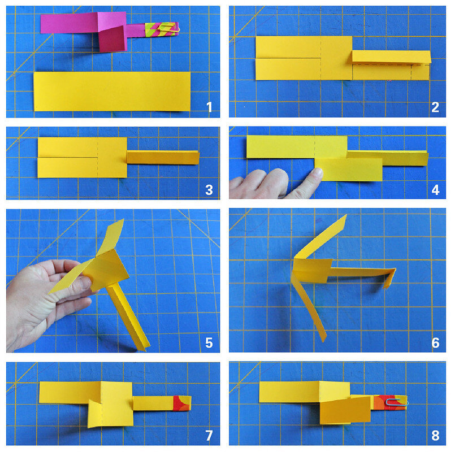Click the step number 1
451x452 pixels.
209,107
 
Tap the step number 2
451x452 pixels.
435,107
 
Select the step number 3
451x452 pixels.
209,190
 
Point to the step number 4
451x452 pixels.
435,190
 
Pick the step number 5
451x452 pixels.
209,343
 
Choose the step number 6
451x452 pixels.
435,343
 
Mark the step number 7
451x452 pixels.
209,435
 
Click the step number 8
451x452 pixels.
435,435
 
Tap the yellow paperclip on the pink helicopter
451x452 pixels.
170,28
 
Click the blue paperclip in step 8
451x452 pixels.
397,402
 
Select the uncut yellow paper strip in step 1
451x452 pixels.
112,92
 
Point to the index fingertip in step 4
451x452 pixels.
318,173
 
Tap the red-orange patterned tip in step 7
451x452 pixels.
182,403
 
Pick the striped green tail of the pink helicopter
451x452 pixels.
162,29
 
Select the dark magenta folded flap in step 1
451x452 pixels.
114,38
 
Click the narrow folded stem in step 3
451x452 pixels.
163,158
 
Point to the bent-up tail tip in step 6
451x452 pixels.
389,278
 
